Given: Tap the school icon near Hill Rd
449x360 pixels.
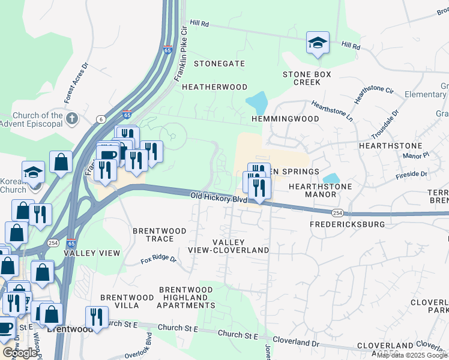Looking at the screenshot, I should (318, 43).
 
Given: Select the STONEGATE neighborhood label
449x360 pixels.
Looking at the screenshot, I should (219, 64).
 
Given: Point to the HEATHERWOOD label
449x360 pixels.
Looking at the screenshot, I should (214, 87).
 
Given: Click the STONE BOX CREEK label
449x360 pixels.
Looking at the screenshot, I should (307, 78).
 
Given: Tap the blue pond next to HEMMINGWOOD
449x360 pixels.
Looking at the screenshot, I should (258, 103).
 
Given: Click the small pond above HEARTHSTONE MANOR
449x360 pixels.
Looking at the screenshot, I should (330, 178).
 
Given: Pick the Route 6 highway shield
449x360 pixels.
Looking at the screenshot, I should (100, 119).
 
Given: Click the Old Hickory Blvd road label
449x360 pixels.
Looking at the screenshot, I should (219, 197).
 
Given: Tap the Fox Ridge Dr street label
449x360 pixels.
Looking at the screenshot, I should (158, 260).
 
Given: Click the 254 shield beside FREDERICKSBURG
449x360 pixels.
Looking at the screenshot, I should (337, 212).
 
